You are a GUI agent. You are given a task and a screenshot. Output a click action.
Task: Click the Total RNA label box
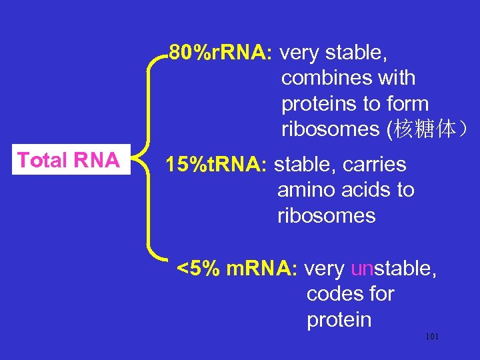(x=69, y=160)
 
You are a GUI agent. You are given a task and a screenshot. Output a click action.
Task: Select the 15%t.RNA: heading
(x=217, y=164)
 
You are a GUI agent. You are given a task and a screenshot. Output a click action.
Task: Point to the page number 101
(x=432, y=337)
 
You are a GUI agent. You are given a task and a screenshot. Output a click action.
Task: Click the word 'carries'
(x=377, y=164)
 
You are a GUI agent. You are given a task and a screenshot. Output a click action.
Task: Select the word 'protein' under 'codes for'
(x=339, y=320)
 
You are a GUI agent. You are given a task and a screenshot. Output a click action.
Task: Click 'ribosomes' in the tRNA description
(x=326, y=216)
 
